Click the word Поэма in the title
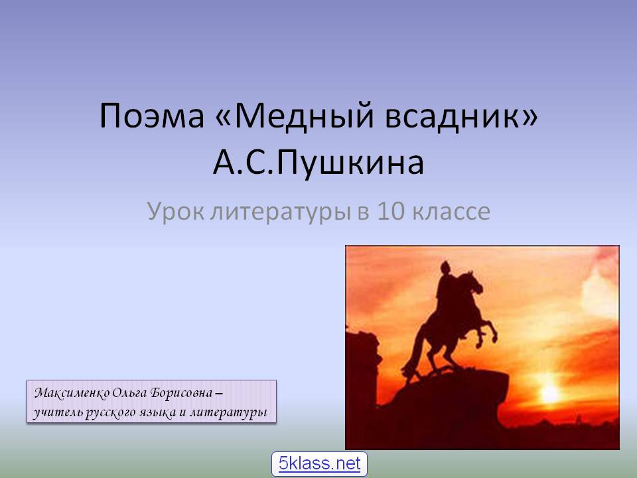coord(151,116)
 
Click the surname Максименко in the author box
coord(72,393)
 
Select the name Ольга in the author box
coord(128,394)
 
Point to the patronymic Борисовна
coord(181,393)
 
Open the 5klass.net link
coord(319,463)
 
